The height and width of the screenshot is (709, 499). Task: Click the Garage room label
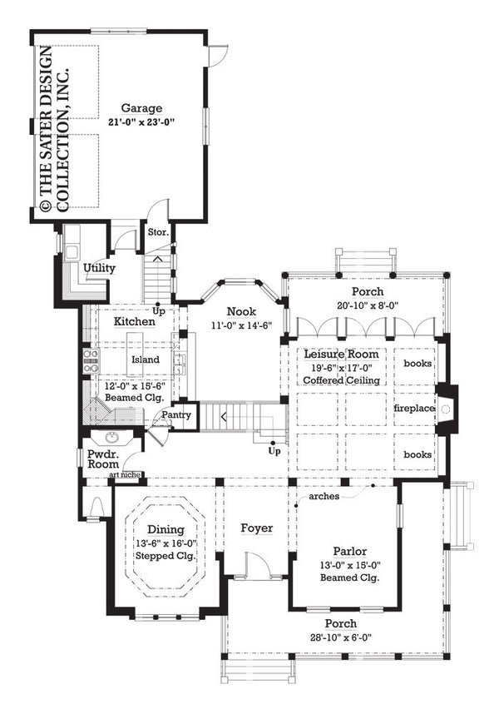[x=141, y=108]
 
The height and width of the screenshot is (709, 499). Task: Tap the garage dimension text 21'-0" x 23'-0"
[x=141, y=121]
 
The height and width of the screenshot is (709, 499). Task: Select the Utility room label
[x=99, y=268]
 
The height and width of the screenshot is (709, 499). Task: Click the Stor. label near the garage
[x=158, y=232]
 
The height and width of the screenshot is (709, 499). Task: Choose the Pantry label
[x=176, y=414]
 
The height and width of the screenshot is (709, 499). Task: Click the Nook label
[x=241, y=311]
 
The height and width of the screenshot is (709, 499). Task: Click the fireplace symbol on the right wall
[x=445, y=409]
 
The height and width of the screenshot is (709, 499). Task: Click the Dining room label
[x=166, y=528]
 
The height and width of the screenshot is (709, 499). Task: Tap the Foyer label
[x=258, y=528]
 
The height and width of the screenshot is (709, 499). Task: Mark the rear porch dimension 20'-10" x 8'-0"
[x=366, y=305]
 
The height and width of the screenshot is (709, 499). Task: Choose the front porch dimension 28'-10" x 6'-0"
[x=341, y=637]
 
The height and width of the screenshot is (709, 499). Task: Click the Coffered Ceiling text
[x=341, y=380]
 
